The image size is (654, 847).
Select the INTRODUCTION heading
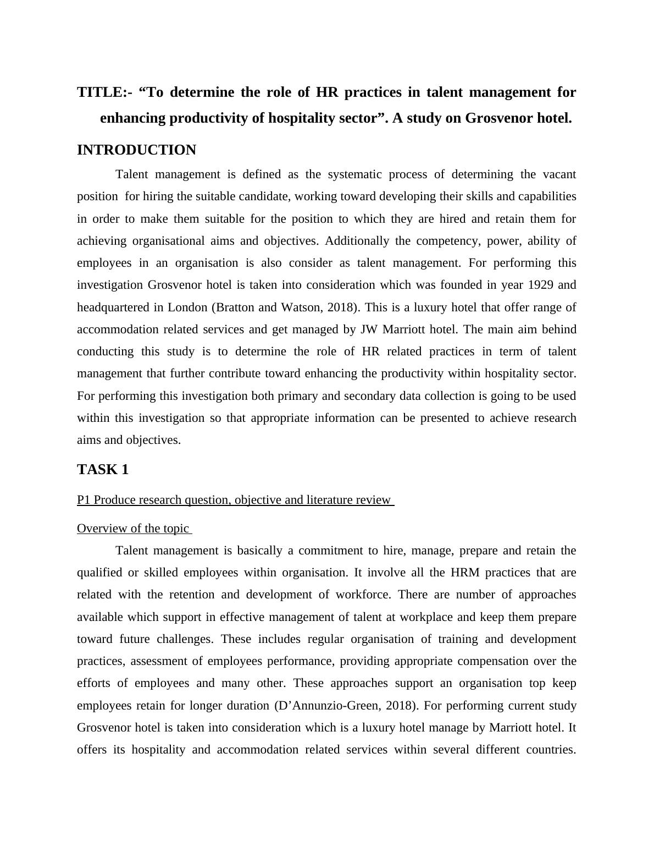(x=136, y=150)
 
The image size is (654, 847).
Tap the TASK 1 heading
(x=103, y=470)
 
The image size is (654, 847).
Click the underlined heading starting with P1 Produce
(x=235, y=500)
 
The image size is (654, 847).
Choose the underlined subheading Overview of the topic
(x=133, y=529)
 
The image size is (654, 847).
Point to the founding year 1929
(x=541, y=285)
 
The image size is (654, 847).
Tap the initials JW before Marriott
(x=368, y=329)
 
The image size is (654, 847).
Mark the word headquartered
(x=113, y=307)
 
